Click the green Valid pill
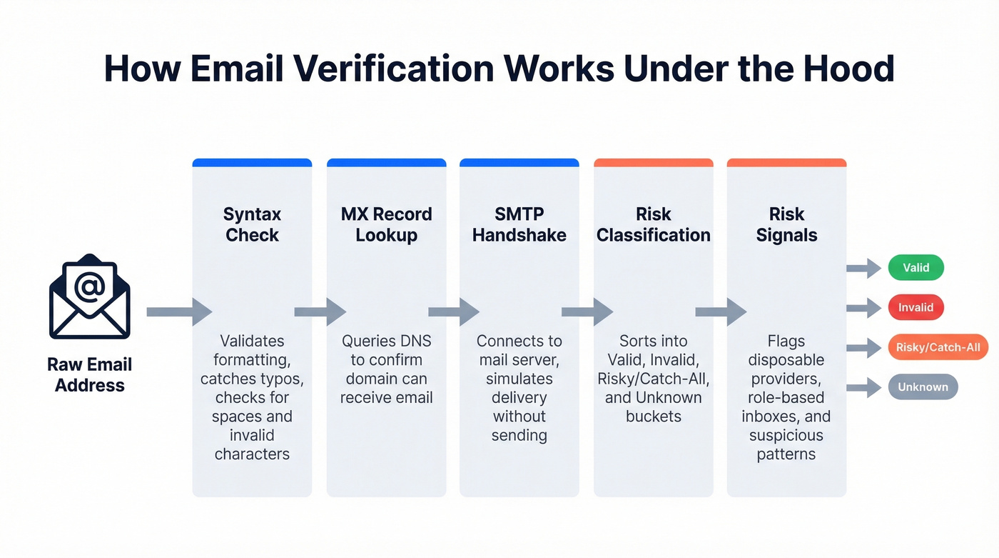pyautogui.click(x=916, y=268)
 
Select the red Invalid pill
pyautogui.click(x=916, y=308)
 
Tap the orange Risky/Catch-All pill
pyautogui.click(x=938, y=348)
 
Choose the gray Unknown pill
pyautogui.click(x=923, y=387)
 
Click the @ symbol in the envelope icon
pyautogui.click(x=89, y=287)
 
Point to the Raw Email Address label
pyautogui.click(x=90, y=375)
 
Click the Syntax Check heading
pyautogui.click(x=252, y=224)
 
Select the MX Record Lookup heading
pyautogui.click(x=386, y=224)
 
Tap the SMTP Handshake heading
pyautogui.click(x=519, y=224)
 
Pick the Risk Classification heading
pyautogui.click(x=653, y=224)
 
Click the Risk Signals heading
pyautogui.click(x=786, y=224)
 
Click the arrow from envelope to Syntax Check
pyautogui.click(x=179, y=312)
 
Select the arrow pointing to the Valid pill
pyautogui.click(x=863, y=269)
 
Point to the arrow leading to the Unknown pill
pyautogui.click(x=863, y=388)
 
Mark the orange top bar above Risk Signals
pyautogui.click(x=786, y=163)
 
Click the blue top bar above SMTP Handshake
pyautogui.click(x=519, y=163)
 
